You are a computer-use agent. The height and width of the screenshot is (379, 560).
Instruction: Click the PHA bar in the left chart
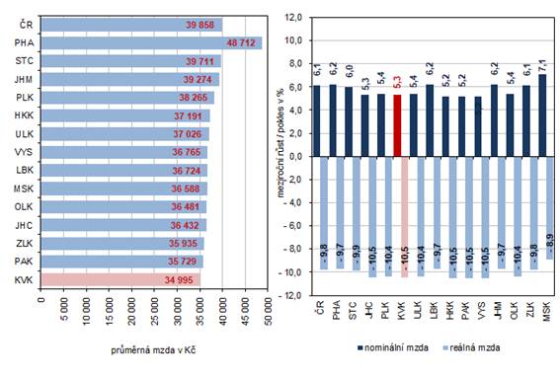coord(148,43)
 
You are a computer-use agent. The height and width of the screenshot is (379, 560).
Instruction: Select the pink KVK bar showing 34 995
coord(119,280)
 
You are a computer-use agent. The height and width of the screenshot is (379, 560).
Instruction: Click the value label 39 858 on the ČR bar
coord(201,24)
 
